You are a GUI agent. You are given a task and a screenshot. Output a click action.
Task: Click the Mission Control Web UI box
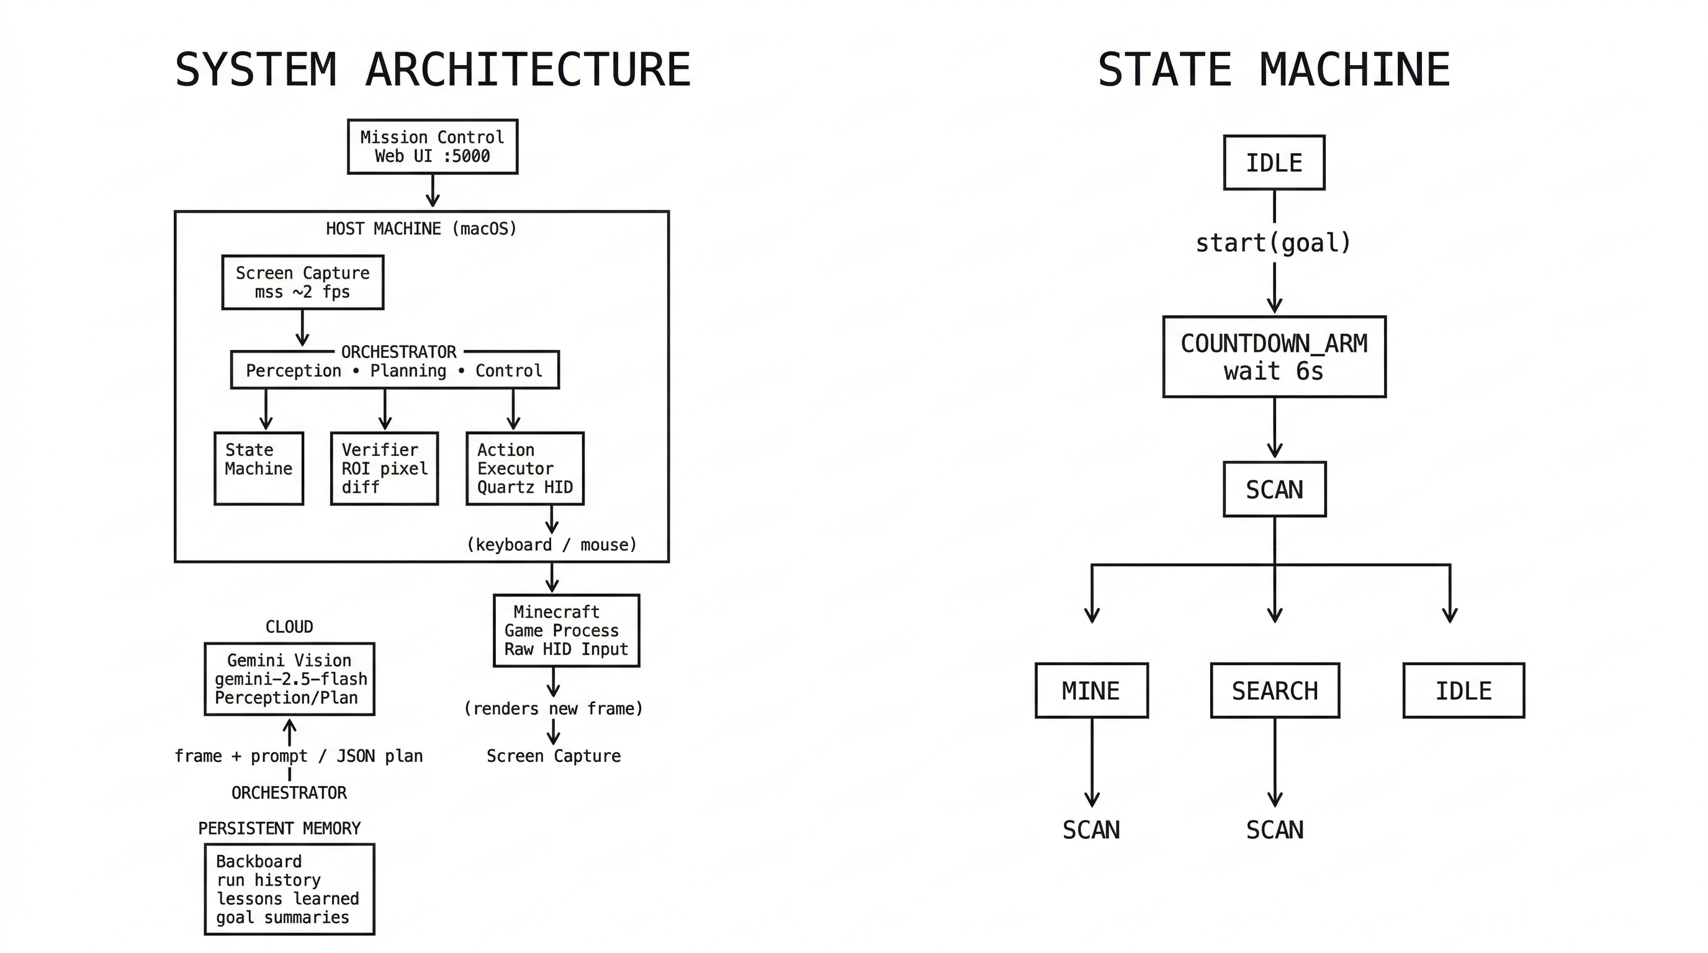(x=433, y=146)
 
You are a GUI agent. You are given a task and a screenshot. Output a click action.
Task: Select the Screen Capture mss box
(x=302, y=282)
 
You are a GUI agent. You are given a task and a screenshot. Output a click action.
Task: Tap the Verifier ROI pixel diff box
(x=385, y=468)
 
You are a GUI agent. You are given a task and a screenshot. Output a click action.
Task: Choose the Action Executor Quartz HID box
(x=524, y=468)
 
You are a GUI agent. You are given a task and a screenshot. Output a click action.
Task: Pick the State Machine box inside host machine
(x=259, y=468)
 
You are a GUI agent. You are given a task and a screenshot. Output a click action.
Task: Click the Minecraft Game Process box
(x=566, y=630)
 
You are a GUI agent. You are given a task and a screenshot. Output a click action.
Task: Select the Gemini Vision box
(x=289, y=679)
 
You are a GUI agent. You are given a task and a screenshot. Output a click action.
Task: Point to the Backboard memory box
(x=289, y=888)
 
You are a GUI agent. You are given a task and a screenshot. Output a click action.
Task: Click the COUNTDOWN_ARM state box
(x=1274, y=357)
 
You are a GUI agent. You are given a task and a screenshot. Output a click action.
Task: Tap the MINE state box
(x=1091, y=690)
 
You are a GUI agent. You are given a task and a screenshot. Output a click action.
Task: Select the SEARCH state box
(x=1274, y=690)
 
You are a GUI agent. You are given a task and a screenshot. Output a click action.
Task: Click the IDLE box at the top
(x=1274, y=163)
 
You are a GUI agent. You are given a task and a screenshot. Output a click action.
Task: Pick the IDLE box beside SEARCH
(x=1463, y=690)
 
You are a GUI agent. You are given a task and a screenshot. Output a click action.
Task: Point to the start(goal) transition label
(x=1273, y=243)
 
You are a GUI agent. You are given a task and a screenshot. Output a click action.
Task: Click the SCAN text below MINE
(x=1090, y=830)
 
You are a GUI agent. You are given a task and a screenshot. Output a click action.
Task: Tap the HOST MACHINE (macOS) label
(x=421, y=229)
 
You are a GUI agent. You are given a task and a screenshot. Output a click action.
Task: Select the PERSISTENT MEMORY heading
(x=279, y=828)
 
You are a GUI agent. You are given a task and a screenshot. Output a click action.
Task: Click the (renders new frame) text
(x=553, y=709)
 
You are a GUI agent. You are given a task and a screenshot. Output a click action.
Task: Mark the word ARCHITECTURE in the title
(x=528, y=69)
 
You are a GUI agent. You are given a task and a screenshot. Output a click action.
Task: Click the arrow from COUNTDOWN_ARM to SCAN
(x=1274, y=427)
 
